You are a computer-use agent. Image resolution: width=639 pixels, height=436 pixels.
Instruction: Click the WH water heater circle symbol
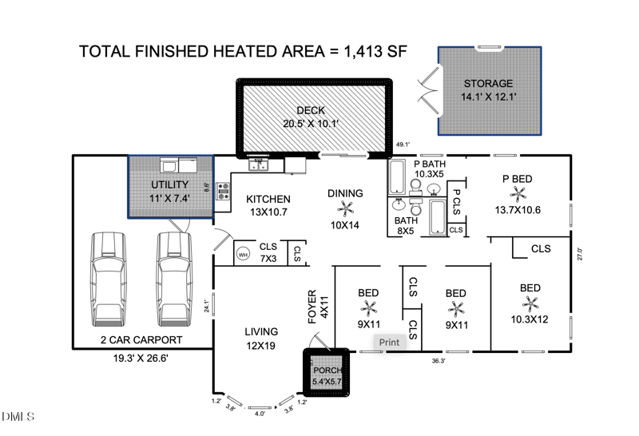point(243,255)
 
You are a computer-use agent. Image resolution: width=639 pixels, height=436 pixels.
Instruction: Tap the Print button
point(389,343)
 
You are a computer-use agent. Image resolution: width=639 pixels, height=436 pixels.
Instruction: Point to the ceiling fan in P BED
point(518,194)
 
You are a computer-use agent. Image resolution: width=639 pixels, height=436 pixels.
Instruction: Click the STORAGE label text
point(489,84)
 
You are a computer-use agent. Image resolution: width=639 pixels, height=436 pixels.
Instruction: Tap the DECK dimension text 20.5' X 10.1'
point(312,124)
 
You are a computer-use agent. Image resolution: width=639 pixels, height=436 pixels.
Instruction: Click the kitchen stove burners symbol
point(223,192)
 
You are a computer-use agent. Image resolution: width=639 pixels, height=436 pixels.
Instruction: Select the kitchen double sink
point(260,164)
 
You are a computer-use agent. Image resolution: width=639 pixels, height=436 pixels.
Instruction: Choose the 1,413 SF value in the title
point(375,52)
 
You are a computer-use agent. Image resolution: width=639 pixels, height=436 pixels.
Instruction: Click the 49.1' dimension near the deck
point(403,145)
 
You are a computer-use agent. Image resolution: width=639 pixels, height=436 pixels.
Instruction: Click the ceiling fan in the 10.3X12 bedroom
point(530,303)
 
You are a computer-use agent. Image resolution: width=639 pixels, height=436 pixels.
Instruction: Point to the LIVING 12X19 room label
point(261,339)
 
